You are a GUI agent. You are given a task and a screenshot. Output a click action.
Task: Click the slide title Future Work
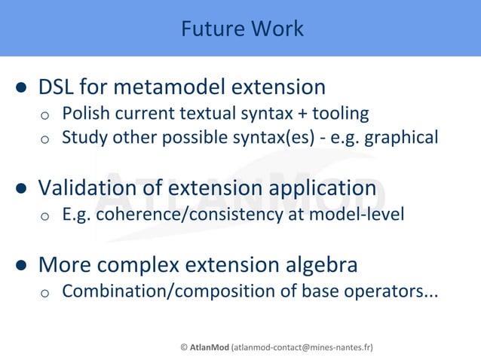(x=242, y=29)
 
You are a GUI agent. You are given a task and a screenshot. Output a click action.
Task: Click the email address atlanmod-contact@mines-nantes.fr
(x=302, y=347)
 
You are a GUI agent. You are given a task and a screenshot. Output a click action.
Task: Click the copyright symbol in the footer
(x=184, y=347)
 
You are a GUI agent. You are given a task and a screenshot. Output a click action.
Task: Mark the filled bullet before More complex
(x=23, y=266)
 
